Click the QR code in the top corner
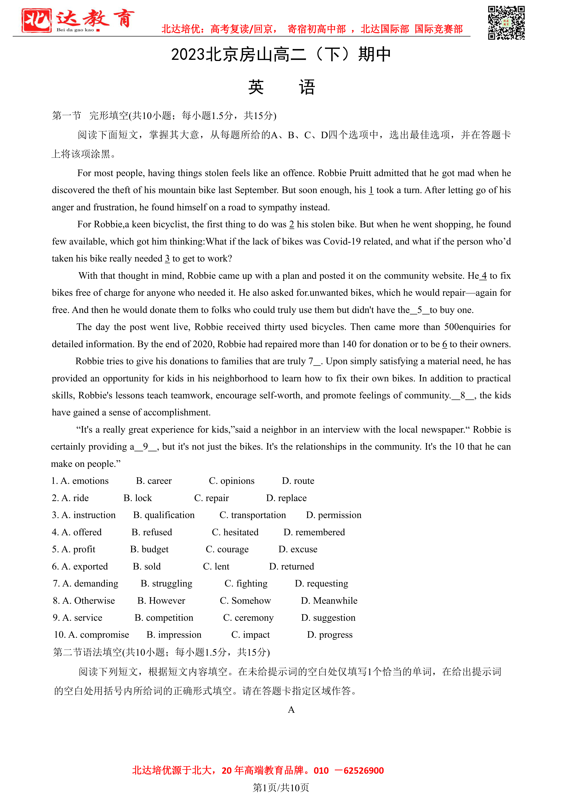pos(506,23)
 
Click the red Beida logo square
pos(36,20)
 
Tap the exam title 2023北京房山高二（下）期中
pos(281,55)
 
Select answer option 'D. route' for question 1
pos(298,481)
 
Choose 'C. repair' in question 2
pos(211,498)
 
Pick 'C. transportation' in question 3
pos(253,515)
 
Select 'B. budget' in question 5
pos(149,550)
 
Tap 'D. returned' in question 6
pos(291,567)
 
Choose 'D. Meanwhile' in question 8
pos(329,601)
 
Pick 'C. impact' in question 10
pos(251,635)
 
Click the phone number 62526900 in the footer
pos(363,771)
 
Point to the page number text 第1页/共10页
pos(281,787)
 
